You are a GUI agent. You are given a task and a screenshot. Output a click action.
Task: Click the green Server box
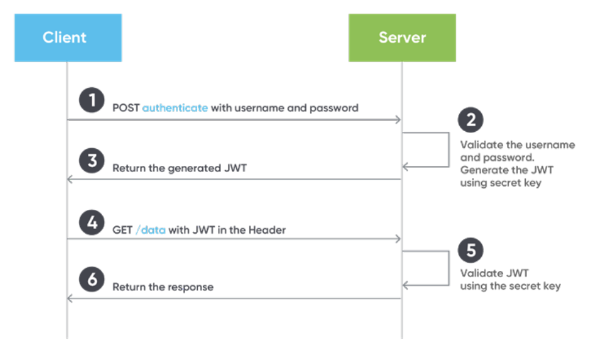402,38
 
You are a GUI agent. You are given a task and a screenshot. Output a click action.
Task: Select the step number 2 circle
470,120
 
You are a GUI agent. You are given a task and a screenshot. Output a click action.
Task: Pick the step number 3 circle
92,162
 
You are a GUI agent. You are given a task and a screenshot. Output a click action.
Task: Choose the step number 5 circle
470,250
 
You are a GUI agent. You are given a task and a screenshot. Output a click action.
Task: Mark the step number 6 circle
92,279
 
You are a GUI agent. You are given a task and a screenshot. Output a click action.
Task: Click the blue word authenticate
175,108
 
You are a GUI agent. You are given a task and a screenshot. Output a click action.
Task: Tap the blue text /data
150,230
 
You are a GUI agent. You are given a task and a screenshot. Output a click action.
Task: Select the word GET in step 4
122,230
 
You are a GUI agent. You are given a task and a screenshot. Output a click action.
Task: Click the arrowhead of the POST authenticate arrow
398,120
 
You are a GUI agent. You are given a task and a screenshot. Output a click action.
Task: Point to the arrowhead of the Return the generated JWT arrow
70,179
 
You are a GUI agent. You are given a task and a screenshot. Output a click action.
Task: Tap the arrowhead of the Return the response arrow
70,298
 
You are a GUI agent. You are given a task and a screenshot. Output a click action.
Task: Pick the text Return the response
163,287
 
